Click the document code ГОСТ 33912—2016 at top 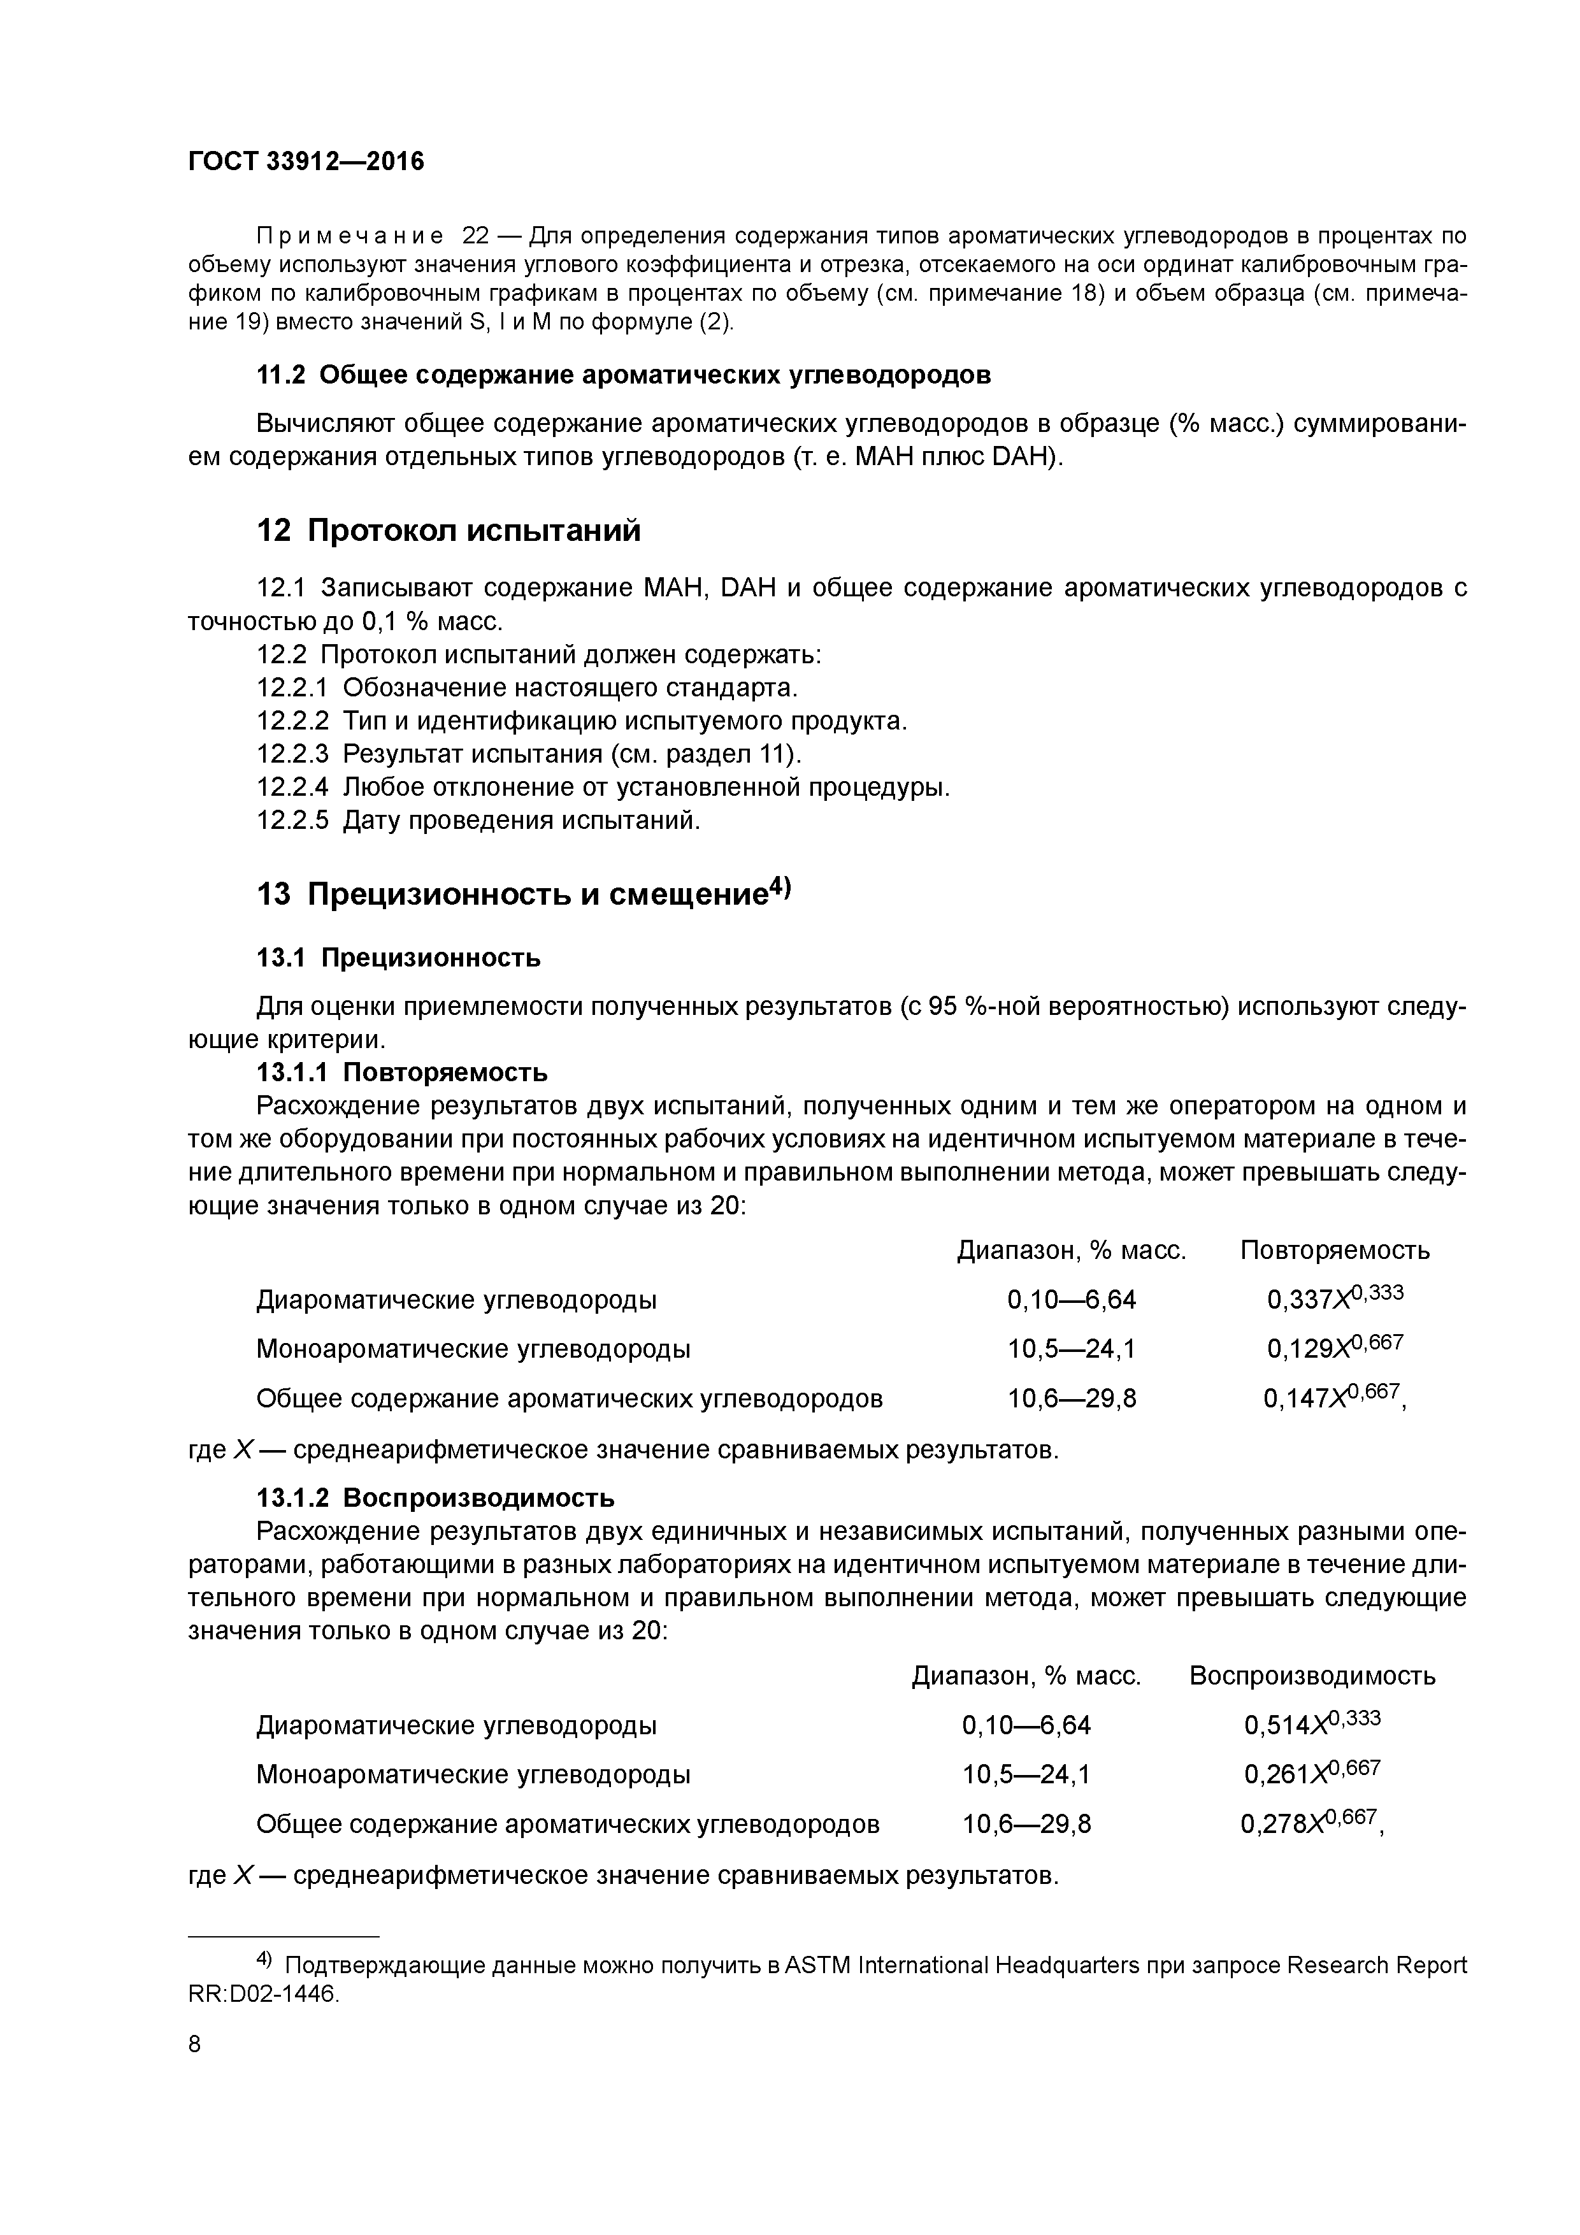(306, 162)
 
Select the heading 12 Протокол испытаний (448, 531)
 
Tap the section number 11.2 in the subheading (282, 375)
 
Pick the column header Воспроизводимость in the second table (1311, 1675)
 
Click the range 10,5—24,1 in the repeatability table (1072, 1349)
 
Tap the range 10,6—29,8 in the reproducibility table (1027, 1824)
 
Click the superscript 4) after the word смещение (780, 887)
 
